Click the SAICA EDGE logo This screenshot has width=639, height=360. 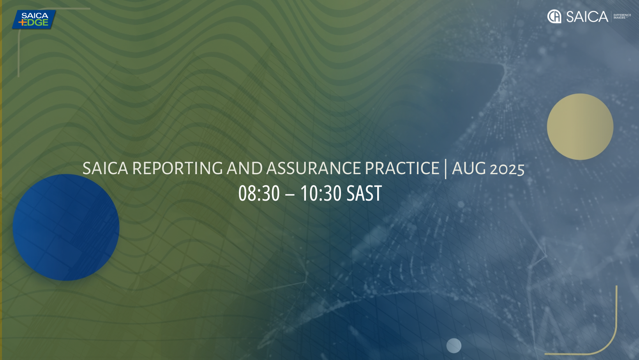[x=34, y=19]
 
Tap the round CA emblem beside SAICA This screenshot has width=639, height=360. [x=554, y=16]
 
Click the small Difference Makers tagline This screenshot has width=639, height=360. [x=622, y=16]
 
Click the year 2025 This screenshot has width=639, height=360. [x=507, y=169]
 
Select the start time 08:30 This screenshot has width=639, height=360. [x=259, y=193]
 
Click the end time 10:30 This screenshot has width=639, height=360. [x=321, y=193]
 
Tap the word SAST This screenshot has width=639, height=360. [x=364, y=193]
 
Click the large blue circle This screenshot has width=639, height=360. [x=66, y=228]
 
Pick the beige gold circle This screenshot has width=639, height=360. [x=580, y=127]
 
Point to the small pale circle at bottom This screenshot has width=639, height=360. [x=454, y=346]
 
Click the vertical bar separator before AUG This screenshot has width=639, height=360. [x=446, y=169]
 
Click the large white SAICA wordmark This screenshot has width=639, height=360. [x=587, y=16]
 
